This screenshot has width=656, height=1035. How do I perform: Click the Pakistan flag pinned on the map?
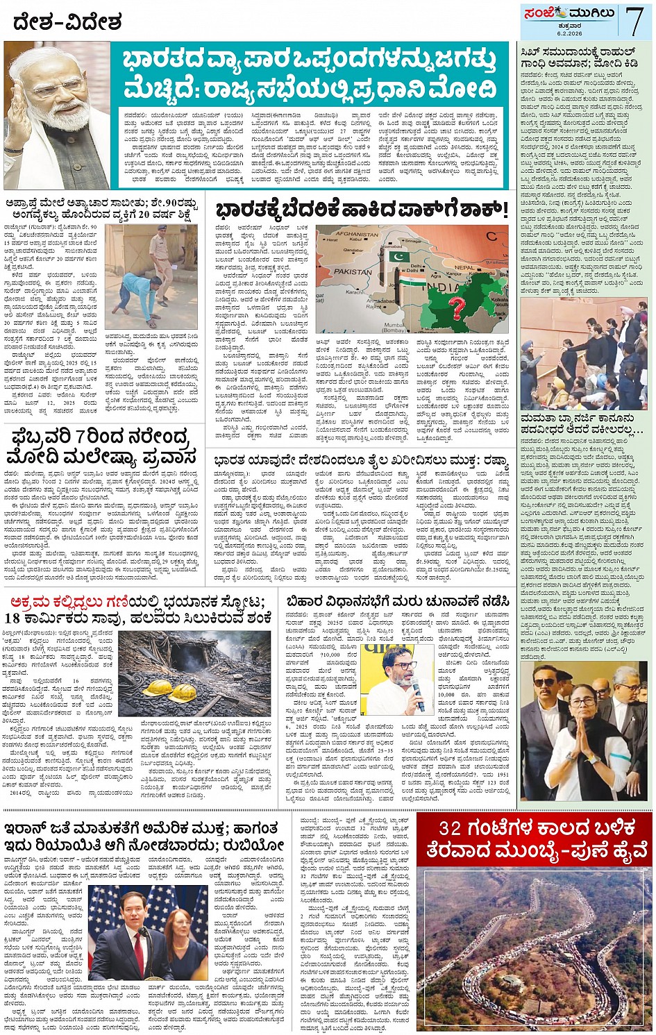399,258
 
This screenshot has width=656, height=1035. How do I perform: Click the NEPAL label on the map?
464,267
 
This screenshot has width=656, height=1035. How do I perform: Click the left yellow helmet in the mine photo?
158,688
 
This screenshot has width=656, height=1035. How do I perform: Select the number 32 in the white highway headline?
451,827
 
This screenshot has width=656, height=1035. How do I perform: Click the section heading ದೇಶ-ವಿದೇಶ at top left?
67,22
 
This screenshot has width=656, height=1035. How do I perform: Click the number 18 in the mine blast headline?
12,619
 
